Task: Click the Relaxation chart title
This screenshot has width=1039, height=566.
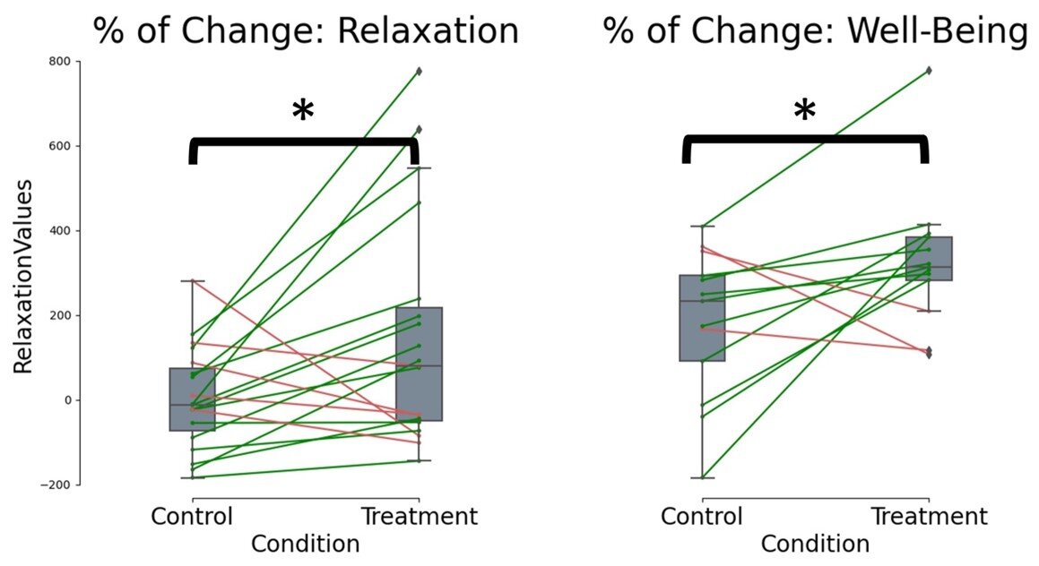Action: coord(306,30)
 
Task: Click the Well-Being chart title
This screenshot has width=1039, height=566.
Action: coord(816,31)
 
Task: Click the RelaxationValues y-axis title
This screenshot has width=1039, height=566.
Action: coord(23,277)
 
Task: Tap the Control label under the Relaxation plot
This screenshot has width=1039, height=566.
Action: coord(192,517)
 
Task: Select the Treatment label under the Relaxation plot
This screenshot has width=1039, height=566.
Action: coord(419,517)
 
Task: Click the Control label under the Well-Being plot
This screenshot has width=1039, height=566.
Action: coord(702,517)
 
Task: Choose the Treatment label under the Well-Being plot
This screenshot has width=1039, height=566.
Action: coord(929,517)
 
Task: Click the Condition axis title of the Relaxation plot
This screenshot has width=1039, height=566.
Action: coord(306,545)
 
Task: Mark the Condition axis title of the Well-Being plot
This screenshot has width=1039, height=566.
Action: coord(815,545)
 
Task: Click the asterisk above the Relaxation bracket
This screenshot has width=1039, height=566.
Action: coord(303,110)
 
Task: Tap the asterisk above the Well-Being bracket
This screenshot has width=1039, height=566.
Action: coord(804,110)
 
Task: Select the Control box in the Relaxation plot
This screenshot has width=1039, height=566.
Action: coord(192,399)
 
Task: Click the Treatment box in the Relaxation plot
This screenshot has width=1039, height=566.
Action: coord(419,364)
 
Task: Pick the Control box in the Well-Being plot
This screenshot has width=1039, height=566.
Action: coord(703,318)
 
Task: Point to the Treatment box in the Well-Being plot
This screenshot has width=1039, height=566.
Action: coord(929,259)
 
